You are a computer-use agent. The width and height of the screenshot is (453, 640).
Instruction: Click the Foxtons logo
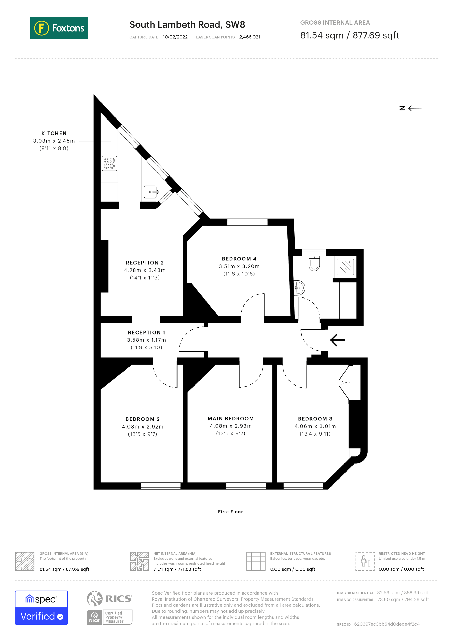[59, 28]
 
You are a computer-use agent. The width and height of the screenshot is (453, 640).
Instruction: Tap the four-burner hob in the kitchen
[109, 163]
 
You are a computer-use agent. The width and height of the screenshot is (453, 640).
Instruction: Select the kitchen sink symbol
[150, 192]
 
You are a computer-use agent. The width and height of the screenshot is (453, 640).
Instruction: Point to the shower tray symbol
[345, 267]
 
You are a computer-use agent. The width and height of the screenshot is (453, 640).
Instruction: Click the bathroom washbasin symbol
[299, 288]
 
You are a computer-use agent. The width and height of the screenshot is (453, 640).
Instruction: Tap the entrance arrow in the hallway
[337, 340]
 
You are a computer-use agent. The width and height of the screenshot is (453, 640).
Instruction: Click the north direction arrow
[411, 108]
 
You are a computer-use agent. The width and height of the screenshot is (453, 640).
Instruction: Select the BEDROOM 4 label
[239, 259]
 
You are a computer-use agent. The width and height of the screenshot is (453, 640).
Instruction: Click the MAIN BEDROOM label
[231, 419]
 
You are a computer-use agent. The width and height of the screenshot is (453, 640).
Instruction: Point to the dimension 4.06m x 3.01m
[315, 426]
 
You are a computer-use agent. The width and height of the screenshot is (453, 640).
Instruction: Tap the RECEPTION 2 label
[145, 263]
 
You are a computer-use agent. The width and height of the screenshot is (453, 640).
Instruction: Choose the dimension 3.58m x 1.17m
[146, 340]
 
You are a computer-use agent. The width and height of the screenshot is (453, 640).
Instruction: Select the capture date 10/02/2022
[175, 37]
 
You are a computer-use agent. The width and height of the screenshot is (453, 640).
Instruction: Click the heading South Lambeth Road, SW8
[187, 24]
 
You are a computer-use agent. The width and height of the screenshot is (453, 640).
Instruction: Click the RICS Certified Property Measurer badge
[109, 608]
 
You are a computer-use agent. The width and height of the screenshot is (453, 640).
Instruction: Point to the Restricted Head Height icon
[365, 561]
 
